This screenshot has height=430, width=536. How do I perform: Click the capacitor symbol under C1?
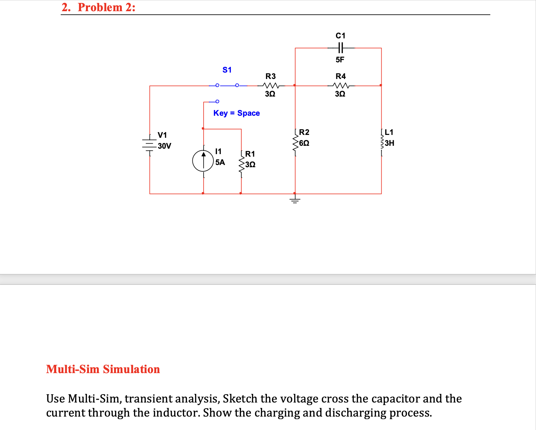(340, 48)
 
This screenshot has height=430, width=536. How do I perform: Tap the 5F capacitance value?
(340, 60)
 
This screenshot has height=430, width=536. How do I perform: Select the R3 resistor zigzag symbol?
(271, 86)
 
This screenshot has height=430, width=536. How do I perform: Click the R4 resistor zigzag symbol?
(341, 86)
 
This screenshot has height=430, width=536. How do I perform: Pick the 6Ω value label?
(304, 143)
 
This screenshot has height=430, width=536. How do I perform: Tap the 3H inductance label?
(390, 143)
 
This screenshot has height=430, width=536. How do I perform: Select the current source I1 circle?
(203, 161)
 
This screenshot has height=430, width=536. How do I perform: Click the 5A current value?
(220, 162)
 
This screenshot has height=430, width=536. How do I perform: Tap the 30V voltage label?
(165, 146)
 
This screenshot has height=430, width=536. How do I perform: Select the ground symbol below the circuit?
(295, 200)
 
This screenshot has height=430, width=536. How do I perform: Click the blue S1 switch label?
(227, 70)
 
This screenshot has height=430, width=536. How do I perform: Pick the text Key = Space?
(237, 113)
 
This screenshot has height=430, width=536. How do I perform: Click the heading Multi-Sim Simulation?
(103, 369)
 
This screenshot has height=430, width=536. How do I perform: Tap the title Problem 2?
(106, 7)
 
